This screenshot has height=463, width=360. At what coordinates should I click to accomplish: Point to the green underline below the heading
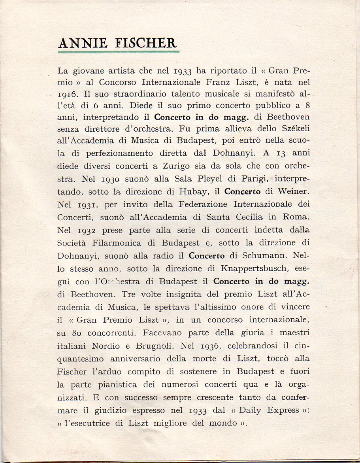pos(119,51)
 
